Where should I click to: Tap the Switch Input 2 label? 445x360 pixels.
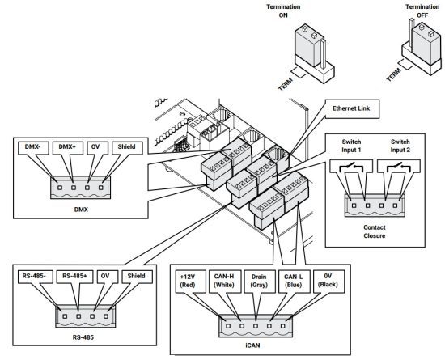[400, 146]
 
